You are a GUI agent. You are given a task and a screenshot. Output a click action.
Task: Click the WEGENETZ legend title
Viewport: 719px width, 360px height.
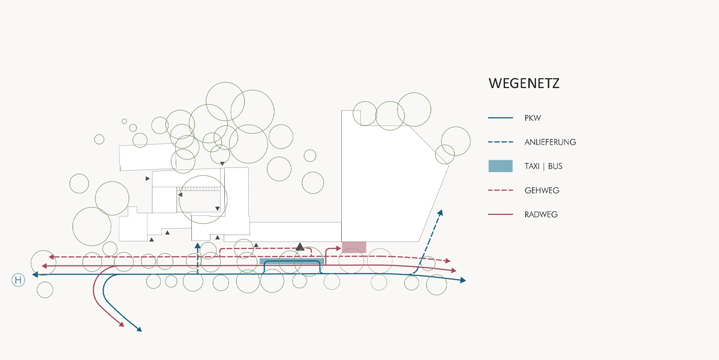point(524,83)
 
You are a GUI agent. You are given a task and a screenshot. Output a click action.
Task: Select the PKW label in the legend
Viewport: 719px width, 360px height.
point(533,118)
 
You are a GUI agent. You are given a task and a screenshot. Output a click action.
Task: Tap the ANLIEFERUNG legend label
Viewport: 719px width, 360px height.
point(550,142)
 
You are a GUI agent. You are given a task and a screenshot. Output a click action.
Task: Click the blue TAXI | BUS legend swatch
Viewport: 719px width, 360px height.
point(500,166)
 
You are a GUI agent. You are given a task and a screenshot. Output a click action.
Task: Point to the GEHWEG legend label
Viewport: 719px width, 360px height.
point(541,190)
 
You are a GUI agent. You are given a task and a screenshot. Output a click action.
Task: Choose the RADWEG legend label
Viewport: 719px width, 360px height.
point(541,214)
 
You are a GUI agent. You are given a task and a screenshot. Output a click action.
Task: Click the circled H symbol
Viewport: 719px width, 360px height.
point(19,280)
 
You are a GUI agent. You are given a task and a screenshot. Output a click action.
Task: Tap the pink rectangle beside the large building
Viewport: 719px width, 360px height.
point(354,247)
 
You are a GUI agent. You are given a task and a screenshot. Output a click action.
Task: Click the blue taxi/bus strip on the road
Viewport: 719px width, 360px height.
point(291,262)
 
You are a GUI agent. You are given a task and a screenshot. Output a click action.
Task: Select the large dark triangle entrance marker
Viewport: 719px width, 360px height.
point(300,246)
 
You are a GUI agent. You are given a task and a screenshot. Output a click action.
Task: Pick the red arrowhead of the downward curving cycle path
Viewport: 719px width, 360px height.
point(122,325)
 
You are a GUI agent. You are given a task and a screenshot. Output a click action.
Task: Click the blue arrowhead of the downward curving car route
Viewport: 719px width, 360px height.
point(139,329)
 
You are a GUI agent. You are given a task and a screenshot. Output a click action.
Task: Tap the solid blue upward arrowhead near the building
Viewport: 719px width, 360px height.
point(197,245)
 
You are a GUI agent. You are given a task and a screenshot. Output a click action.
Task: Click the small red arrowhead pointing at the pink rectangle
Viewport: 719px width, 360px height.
point(338,247)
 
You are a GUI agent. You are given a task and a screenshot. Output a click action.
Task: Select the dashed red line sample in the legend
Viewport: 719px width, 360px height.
point(501,190)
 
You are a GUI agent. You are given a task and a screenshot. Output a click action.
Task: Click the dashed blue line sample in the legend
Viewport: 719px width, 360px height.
point(501,142)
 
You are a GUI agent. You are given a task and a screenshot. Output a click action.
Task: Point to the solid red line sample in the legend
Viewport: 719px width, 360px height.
point(501,214)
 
